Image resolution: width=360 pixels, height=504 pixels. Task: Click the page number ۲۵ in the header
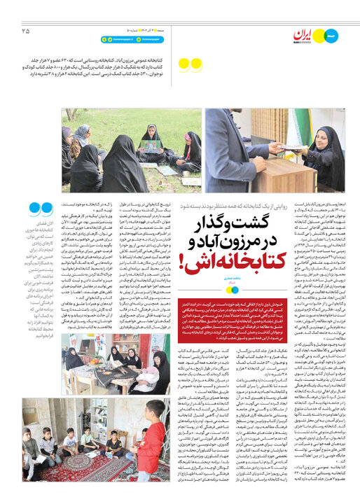point(26,30)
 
